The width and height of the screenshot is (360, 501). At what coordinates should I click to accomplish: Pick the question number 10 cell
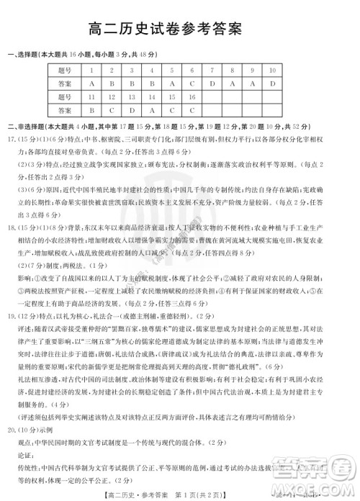click(273, 70)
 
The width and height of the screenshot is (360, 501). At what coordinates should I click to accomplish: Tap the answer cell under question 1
click(92, 83)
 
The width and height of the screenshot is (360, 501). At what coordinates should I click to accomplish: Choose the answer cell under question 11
click(92, 109)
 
